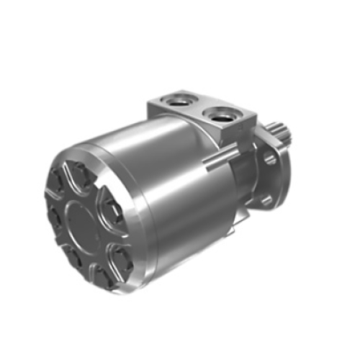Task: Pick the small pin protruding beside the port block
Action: [x=210, y=164]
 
